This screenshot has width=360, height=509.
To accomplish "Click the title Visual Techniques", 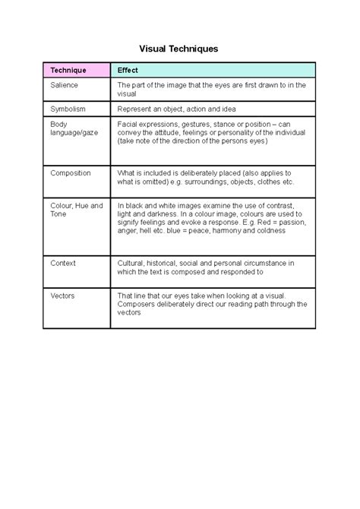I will [x=180, y=48].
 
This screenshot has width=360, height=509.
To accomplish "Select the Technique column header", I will [x=68, y=71].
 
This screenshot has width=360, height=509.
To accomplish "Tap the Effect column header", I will [x=127, y=71].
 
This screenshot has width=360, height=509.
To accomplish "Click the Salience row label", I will [x=65, y=86].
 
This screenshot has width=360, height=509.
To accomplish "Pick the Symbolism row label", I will [x=68, y=109].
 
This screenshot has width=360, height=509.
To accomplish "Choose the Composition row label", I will [x=71, y=173].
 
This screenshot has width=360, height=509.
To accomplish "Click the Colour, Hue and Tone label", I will [x=76, y=210].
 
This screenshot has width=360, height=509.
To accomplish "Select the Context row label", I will [x=63, y=263].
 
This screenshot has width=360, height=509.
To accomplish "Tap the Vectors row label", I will [x=62, y=296].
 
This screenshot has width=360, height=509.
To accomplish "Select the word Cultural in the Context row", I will [x=131, y=263].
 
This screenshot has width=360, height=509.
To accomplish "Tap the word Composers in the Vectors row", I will [x=137, y=304].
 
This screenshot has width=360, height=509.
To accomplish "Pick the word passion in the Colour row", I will [x=290, y=223].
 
